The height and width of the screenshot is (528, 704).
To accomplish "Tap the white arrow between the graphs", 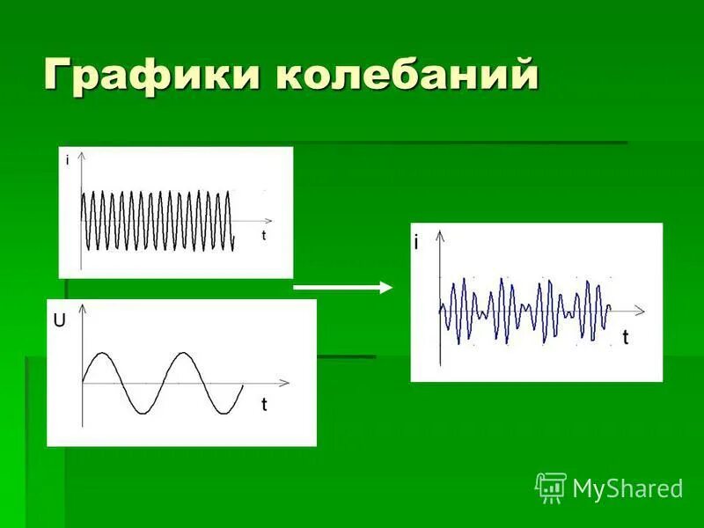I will tap(342, 287).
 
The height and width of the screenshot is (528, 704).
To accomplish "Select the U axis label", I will tap(59, 322).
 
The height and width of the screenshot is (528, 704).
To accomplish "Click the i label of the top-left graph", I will tap(68, 161).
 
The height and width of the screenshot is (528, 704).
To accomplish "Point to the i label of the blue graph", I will tap(417, 244).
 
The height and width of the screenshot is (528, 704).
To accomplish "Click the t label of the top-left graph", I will tap(263, 236).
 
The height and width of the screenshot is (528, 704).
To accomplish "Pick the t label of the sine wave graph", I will tap(263, 405).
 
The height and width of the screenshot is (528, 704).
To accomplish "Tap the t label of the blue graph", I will tap(625, 338).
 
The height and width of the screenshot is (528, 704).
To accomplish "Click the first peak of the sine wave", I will tap(103, 353).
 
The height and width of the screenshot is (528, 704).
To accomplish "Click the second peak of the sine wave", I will tap(182, 353).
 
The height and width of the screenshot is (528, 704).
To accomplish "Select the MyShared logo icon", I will tap(551, 487).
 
